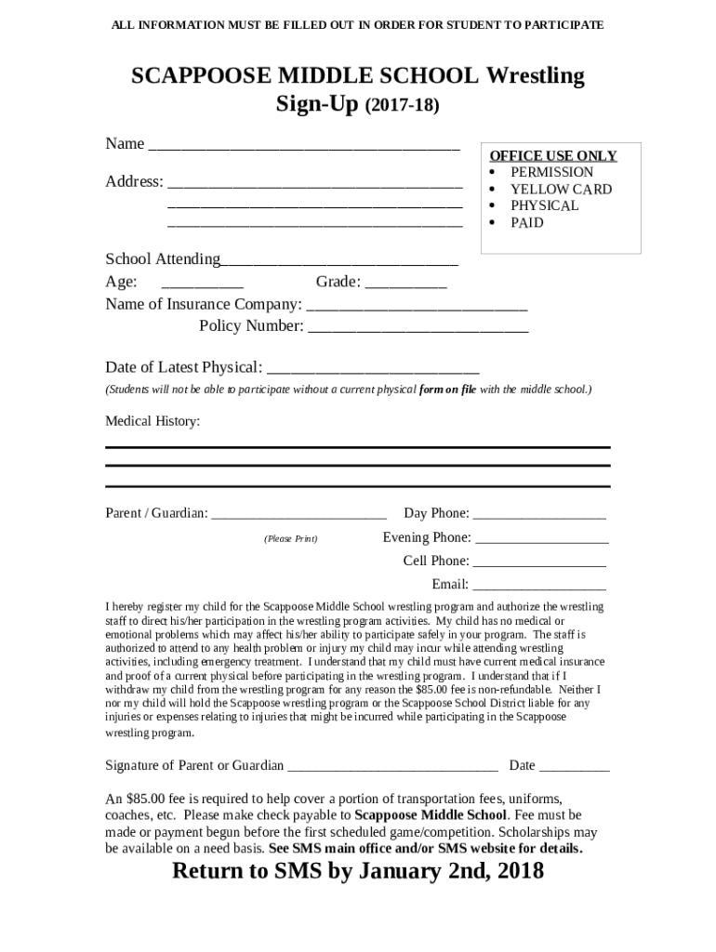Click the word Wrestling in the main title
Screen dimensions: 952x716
point(531,76)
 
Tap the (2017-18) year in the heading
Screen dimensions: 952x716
point(402,107)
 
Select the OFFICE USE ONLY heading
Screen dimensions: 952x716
point(553,155)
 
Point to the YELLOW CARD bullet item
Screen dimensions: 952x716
point(561,189)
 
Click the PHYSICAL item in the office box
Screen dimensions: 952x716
point(544,205)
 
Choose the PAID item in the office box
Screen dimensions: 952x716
point(526,223)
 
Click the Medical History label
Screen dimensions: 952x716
point(152,421)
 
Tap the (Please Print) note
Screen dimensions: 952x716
point(290,538)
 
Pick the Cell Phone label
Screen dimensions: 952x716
point(435,561)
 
